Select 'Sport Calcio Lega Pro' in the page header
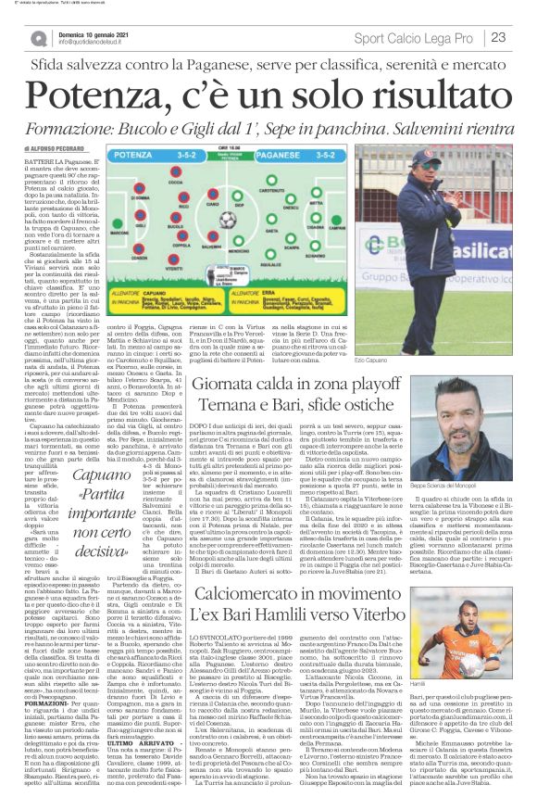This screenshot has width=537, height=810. coord(408,38)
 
